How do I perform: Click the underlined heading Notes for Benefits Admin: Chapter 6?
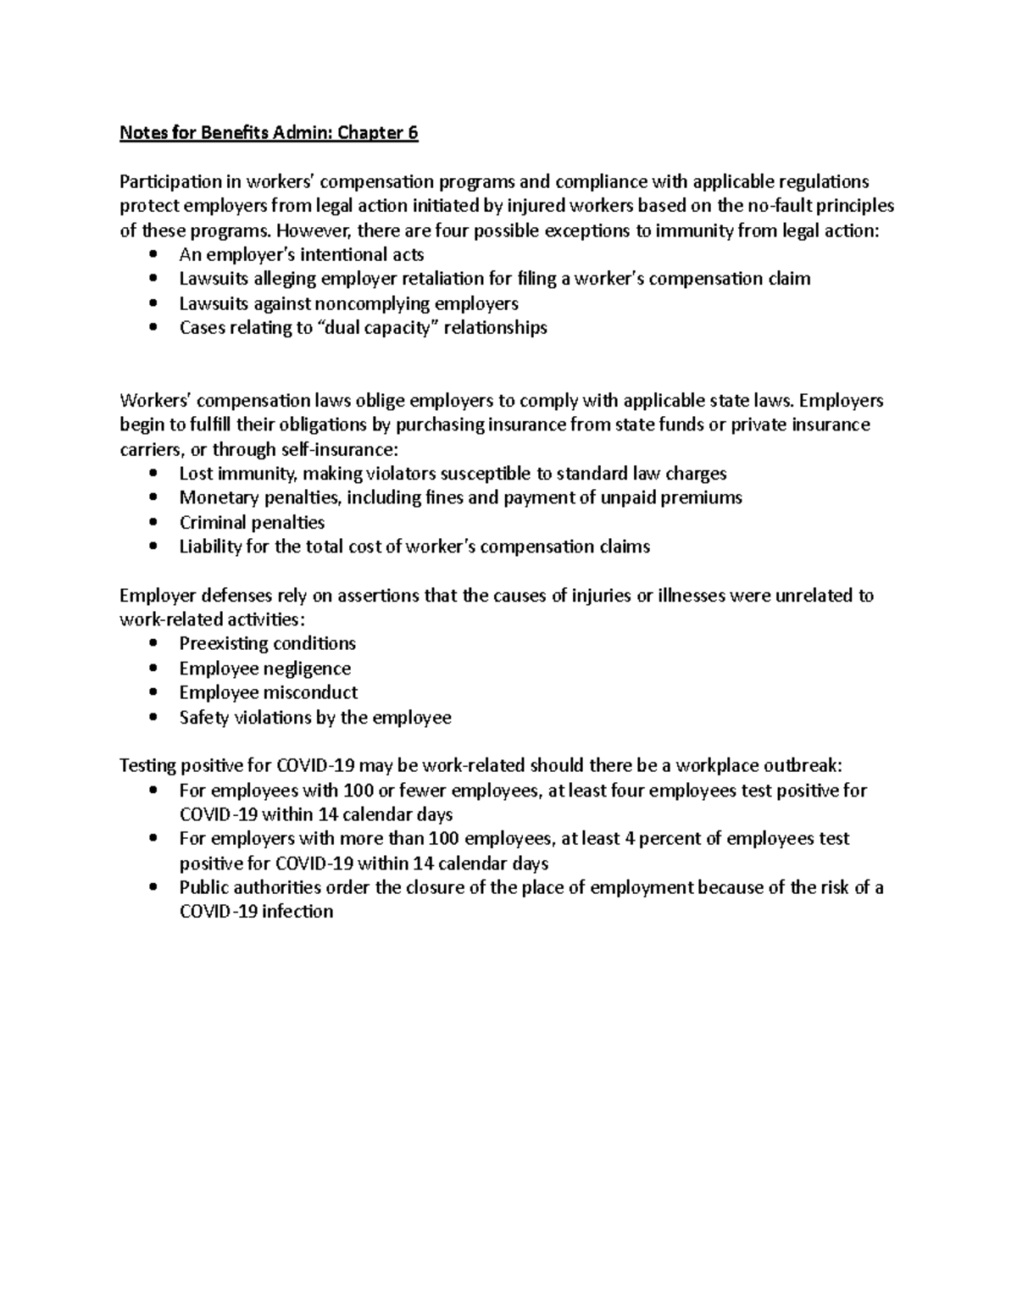[269, 133]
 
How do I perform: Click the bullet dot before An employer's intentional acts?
[153, 255]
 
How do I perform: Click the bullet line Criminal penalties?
[252, 523]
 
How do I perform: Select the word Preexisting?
[223, 643]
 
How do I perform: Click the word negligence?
[307, 669]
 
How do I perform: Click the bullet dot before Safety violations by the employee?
[153, 718]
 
